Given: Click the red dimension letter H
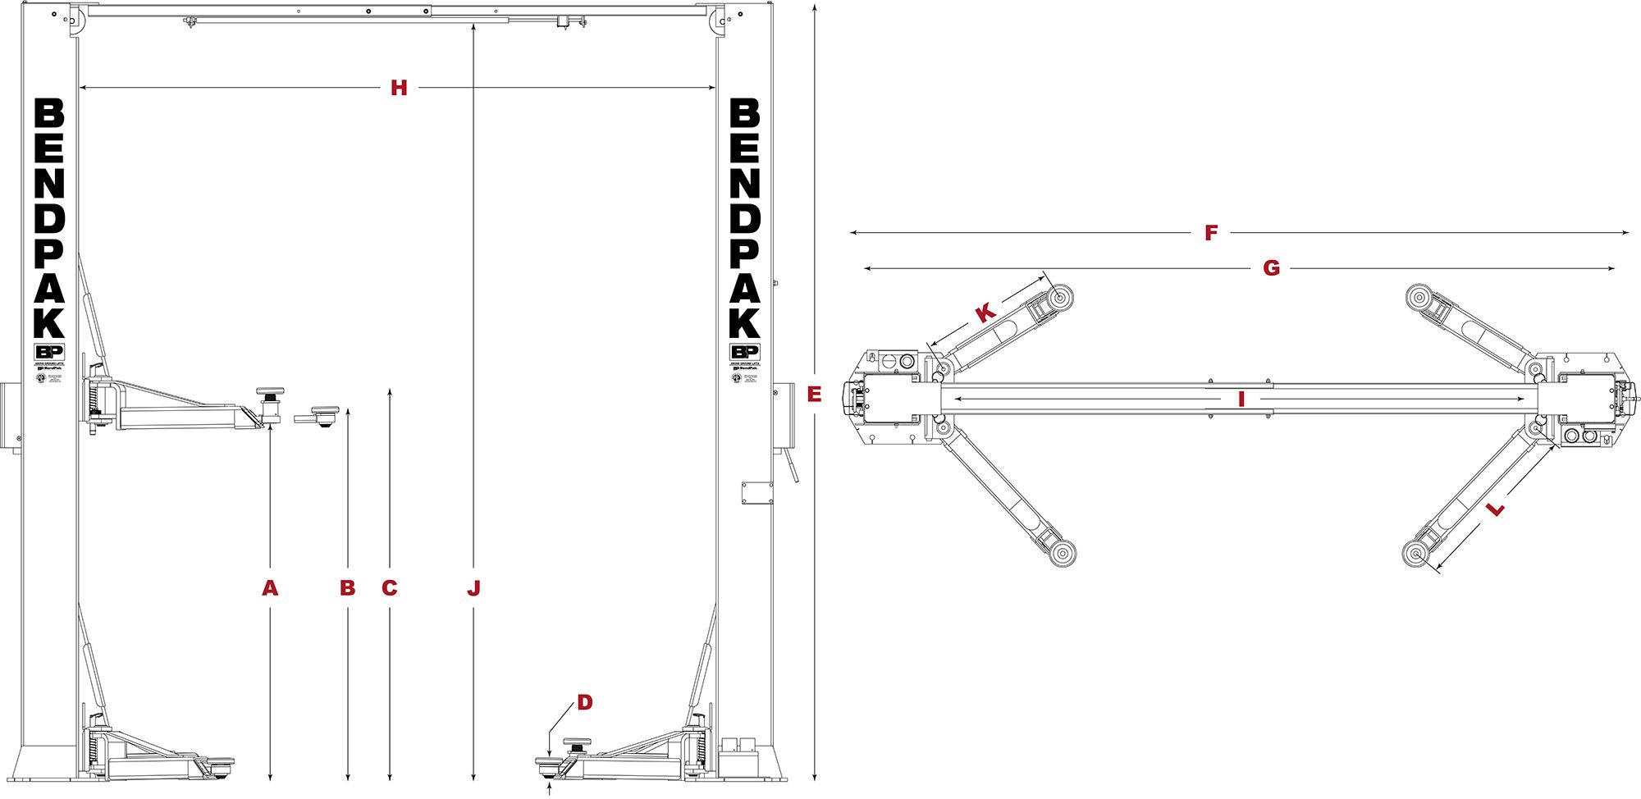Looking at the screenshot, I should pyautogui.click(x=399, y=88).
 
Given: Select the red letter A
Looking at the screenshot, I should pyautogui.click(x=270, y=588).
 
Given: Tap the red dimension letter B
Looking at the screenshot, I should pyautogui.click(x=348, y=588).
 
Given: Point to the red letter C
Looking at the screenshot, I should pyautogui.click(x=390, y=588).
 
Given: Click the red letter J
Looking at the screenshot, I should pyautogui.click(x=473, y=588).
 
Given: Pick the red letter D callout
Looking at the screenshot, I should pyautogui.click(x=584, y=702).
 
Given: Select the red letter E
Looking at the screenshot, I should pyautogui.click(x=814, y=395).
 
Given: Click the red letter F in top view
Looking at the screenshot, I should pyautogui.click(x=1211, y=233).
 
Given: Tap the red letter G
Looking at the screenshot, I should pyautogui.click(x=1271, y=268).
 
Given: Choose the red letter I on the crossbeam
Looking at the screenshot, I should pyautogui.click(x=1241, y=399).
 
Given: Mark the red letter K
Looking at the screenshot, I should pyautogui.click(x=985, y=313).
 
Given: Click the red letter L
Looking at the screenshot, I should pyautogui.click(x=1496, y=509).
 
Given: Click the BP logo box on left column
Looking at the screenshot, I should pyautogui.click(x=48, y=352).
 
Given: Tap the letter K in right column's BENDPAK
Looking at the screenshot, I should pyautogui.click(x=745, y=322).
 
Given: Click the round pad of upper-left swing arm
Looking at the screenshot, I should pyautogui.click(x=1061, y=297).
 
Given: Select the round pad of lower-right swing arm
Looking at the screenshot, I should pyautogui.click(x=1417, y=554).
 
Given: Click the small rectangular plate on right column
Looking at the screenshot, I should pyautogui.click(x=757, y=493).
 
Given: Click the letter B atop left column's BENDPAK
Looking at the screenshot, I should pyautogui.click(x=49, y=114).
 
